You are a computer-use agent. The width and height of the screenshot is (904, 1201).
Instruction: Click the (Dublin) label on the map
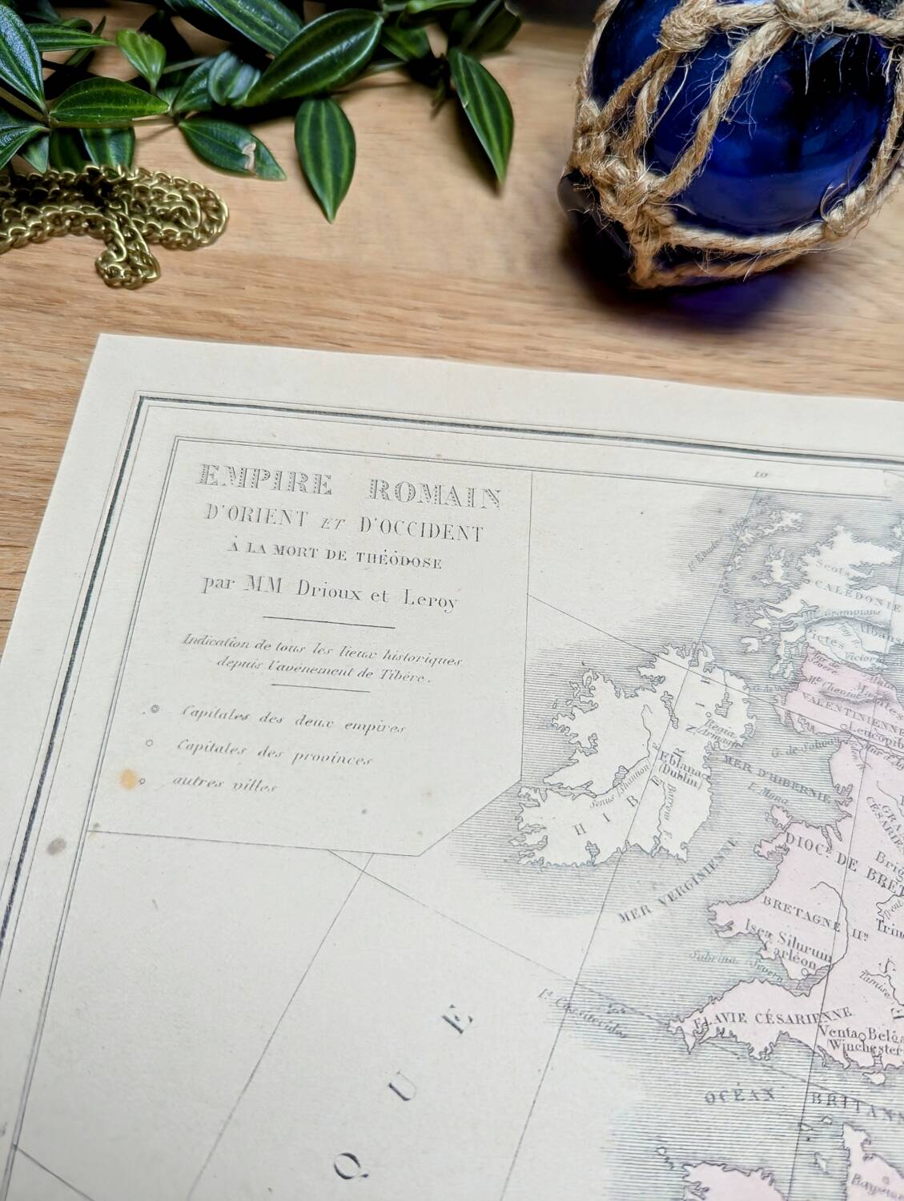coord(680,785)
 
